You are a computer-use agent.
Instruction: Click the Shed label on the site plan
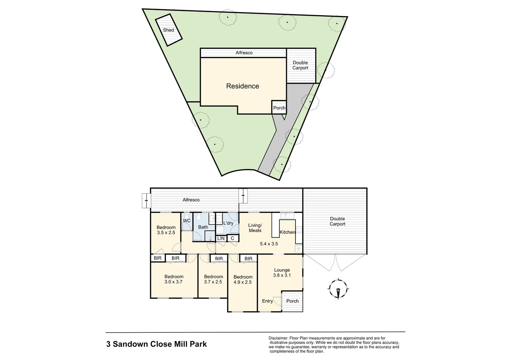pyautogui.click(x=168, y=30)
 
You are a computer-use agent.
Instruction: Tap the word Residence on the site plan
pyautogui.click(x=243, y=86)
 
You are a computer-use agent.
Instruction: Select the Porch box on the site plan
pyautogui.click(x=279, y=108)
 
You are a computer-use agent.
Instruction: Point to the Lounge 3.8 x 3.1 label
pyautogui.click(x=282, y=273)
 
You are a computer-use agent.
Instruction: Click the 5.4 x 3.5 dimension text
pyautogui.click(x=269, y=244)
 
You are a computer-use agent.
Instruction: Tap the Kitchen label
pyautogui.click(x=287, y=232)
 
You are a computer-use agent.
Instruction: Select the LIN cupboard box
pyautogui.click(x=221, y=238)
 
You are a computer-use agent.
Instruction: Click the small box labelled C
pyautogui.click(x=233, y=238)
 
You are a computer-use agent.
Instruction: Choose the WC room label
pyautogui.click(x=187, y=221)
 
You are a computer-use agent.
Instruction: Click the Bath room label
pyautogui.click(x=203, y=227)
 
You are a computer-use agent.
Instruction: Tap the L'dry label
pyautogui.click(x=228, y=223)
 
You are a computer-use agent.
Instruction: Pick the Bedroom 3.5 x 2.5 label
pyautogui.click(x=166, y=230)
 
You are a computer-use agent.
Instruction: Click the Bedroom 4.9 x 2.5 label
pyautogui.click(x=243, y=279)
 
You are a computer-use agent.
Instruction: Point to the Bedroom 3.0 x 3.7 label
pyautogui.click(x=174, y=279)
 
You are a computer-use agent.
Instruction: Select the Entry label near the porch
pyautogui.click(x=267, y=301)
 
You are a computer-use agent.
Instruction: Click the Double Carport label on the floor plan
pyautogui.click(x=337, y=221)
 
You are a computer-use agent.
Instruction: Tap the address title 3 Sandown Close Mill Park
pyautogui.click(x=156, y=344)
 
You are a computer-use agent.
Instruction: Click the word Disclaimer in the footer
pyautogui.click(x=278, y=338)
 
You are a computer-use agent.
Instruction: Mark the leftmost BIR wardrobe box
pyautogui.click(x=158, y=258)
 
